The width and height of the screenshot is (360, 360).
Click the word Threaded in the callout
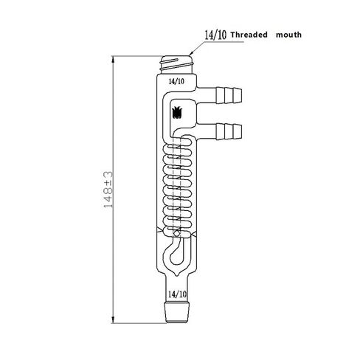tap(249, 35)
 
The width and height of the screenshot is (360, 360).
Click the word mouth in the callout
tap(288, 35)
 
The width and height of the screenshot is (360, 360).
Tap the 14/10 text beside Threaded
tap(215, 35)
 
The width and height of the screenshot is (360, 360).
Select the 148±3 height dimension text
tap(108, 190)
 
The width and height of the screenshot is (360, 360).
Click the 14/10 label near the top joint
tap(176, 81)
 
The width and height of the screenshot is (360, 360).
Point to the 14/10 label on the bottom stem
tap(178, 294)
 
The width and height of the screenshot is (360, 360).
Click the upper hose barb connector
tap(229, 95)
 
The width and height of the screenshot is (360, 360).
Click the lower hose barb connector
tap(229, 131)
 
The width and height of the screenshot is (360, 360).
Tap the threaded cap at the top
tap(176, 65)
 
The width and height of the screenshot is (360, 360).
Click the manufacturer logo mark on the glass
tap(177, 112)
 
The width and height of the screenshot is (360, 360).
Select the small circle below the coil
tap(176, 233)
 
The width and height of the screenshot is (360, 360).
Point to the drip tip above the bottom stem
tap(177, 274)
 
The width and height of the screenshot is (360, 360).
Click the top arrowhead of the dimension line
tap(113, 60)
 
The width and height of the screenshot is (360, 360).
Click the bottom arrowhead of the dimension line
tap(113, 319)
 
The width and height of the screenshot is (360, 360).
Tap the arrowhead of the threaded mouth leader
tap(191, 53)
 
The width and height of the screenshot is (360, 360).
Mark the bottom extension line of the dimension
tap(139, 323)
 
